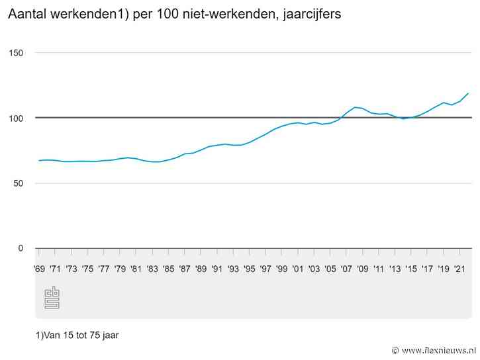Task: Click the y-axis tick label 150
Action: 15,53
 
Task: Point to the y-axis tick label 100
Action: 15,118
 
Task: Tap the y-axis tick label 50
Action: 18,183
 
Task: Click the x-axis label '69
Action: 39,269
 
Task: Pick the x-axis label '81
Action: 136,269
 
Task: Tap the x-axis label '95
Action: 249,269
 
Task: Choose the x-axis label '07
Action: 346,269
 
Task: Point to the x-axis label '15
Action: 411,269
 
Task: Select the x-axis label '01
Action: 298,269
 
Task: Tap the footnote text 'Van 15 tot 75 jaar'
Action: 77,335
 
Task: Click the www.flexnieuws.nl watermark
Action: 438,350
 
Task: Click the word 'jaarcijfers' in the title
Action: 311,15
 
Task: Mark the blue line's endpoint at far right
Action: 468,93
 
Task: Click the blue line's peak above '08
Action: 356,107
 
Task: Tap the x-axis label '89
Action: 201,269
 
